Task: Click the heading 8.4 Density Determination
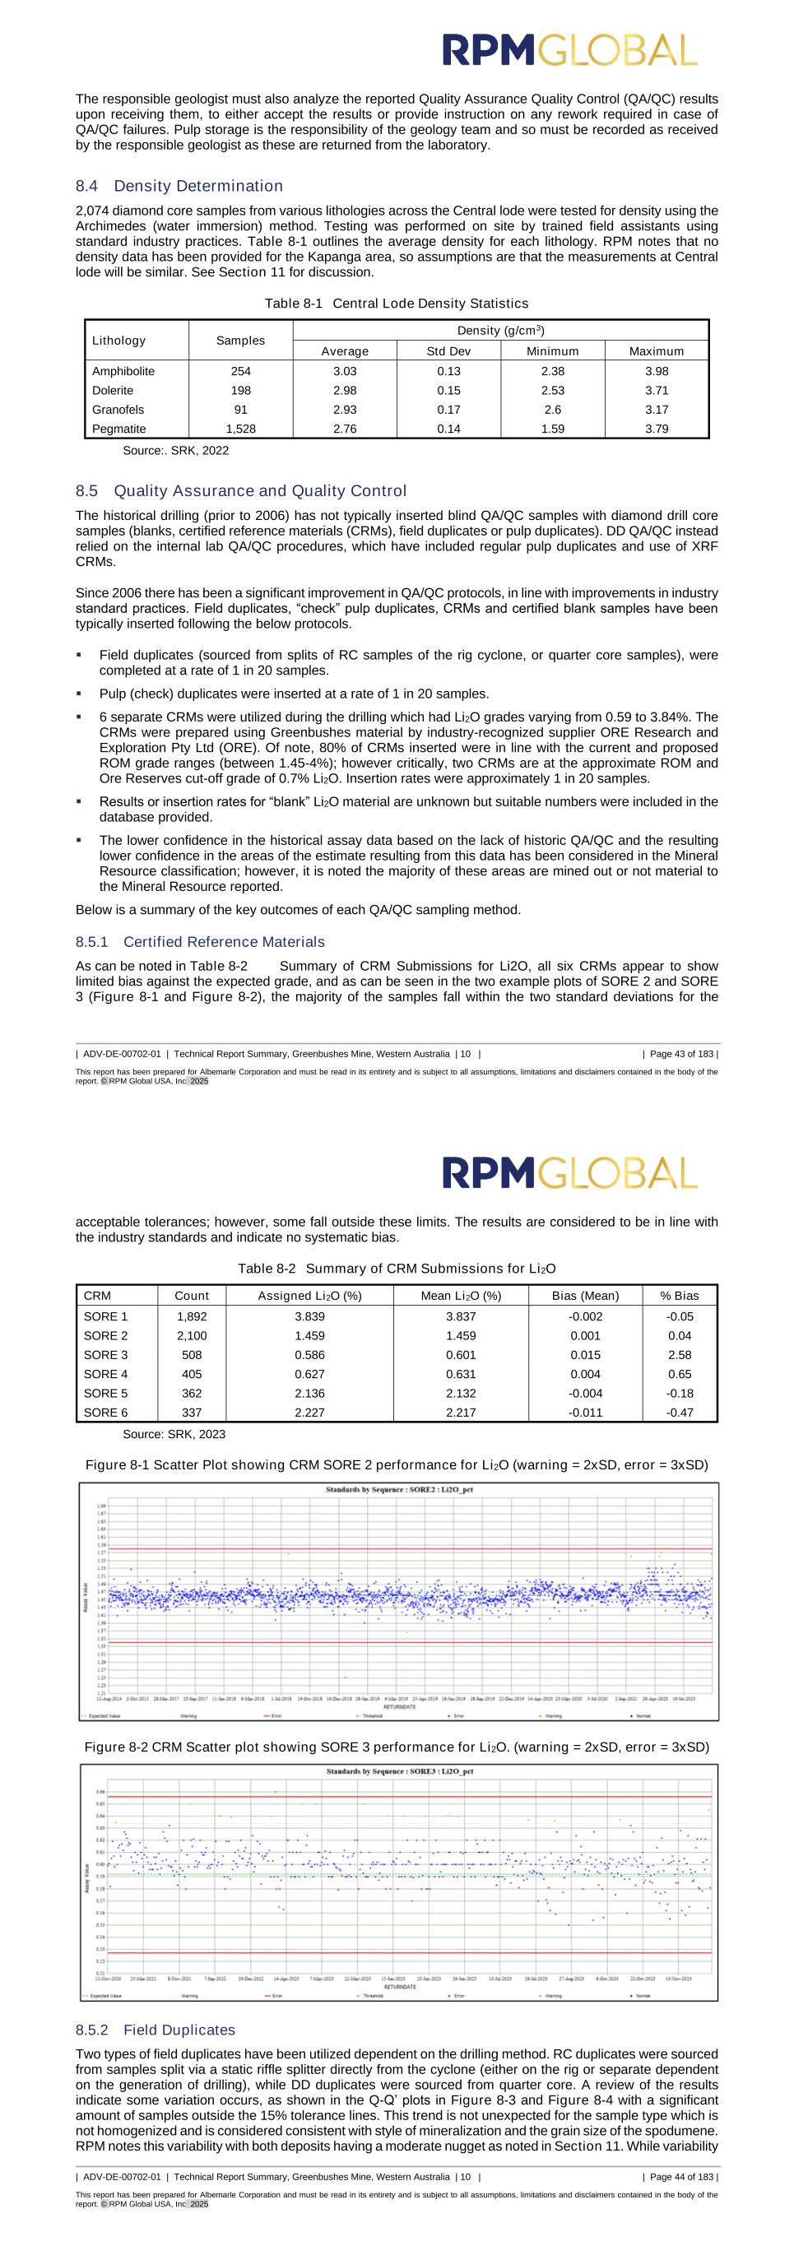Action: point(179,186)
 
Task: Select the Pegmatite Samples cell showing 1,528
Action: point(240,429)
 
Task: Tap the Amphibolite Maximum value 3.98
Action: point(657,371)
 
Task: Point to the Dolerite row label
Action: point(113,391)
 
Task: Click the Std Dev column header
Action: point(449,351)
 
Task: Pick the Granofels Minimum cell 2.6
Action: point(553,410)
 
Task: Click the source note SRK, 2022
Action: point(175,451)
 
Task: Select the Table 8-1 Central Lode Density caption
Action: point(397,304)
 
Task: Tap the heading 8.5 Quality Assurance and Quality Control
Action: point(240,491)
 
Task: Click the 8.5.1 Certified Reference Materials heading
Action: point(200,942)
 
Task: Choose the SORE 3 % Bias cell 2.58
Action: point(679,1355)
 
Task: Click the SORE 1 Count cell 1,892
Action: point(192,1316)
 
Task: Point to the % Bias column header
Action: point(679,1296)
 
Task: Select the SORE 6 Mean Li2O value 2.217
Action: point(461,1413)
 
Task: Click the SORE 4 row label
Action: point(105,1374)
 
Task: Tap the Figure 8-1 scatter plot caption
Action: point(397,1464)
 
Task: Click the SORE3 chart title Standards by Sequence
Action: point(399,1771)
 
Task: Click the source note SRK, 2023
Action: point(174,1434)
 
